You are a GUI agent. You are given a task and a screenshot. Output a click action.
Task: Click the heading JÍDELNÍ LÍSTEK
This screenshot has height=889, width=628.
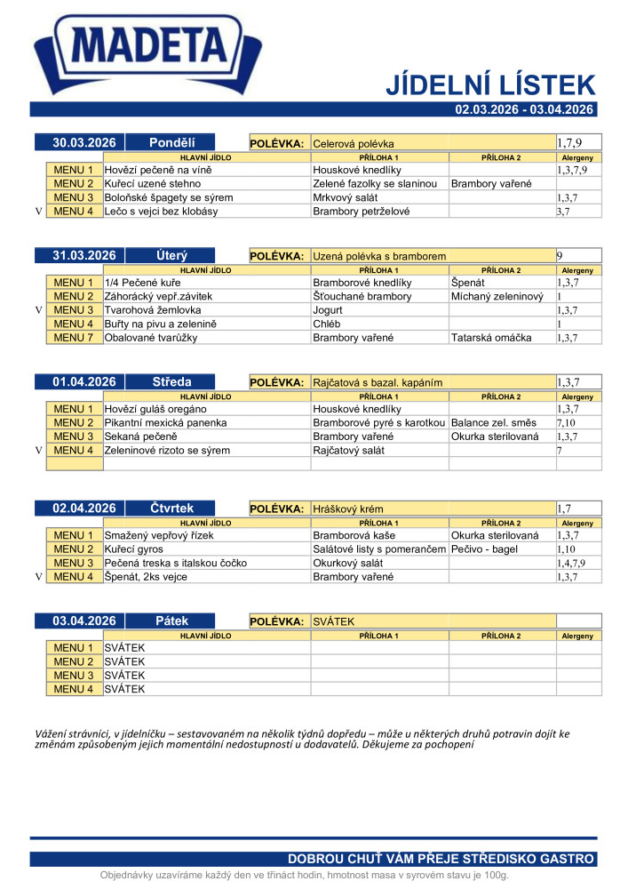point(489,85)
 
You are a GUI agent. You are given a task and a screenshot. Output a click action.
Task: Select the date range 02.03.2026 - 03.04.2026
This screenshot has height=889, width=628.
point(523,109)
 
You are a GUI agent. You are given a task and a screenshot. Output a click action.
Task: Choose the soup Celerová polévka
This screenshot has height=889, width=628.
point(354,143)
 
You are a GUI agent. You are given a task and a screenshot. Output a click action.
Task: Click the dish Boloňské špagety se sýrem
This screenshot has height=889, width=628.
point(169,197)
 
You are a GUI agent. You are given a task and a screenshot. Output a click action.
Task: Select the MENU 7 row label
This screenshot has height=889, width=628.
point(74,338)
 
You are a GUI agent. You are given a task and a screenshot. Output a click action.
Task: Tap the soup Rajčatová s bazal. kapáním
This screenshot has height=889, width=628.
point(378,382)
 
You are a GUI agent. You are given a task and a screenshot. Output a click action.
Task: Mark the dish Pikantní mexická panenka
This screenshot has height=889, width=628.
point(165,423)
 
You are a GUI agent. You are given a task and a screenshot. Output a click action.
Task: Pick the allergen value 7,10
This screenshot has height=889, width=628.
point(566,423)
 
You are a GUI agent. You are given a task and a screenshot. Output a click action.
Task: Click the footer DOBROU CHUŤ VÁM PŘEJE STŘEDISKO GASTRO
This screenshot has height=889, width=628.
point(440,859)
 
